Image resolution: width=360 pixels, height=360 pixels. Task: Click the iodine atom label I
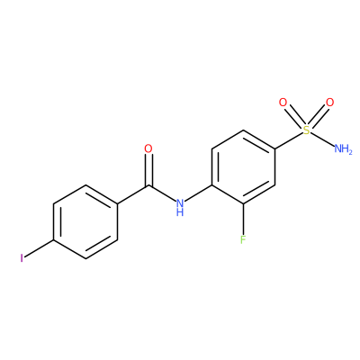[22, 258]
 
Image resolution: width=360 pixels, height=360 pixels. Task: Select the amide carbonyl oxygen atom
[148, 148]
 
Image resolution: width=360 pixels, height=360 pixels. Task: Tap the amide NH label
[180, 208]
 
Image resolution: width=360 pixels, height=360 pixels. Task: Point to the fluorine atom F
[243, 239]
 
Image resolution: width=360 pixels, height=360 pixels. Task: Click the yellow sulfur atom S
[306, 130]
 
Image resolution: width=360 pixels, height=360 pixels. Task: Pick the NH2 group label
[343, 148]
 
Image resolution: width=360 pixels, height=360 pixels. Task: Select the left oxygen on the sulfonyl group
[283, 103]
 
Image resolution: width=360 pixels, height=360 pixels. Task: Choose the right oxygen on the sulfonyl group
[329, 103]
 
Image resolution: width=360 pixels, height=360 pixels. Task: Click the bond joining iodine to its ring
[39, 248]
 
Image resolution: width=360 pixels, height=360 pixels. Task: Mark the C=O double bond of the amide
[148, 170]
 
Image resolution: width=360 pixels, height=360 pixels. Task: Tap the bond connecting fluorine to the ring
[243, 220]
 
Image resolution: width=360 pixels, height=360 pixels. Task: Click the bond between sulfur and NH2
[322, 139]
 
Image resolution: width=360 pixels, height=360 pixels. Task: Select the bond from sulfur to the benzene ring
[288, 140]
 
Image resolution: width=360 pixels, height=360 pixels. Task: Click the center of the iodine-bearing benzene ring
[85, 222]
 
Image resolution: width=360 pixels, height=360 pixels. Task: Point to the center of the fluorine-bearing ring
[243, 167]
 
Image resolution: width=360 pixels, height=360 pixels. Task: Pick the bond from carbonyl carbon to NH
[162, 193]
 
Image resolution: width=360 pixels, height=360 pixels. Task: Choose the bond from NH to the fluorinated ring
[198, 193]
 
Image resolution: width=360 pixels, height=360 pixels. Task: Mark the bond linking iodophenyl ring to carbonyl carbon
[132, 194]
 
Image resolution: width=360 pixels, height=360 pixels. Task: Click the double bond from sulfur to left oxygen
[294, 117]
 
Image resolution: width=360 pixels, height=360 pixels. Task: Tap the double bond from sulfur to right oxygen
[318, 117]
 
